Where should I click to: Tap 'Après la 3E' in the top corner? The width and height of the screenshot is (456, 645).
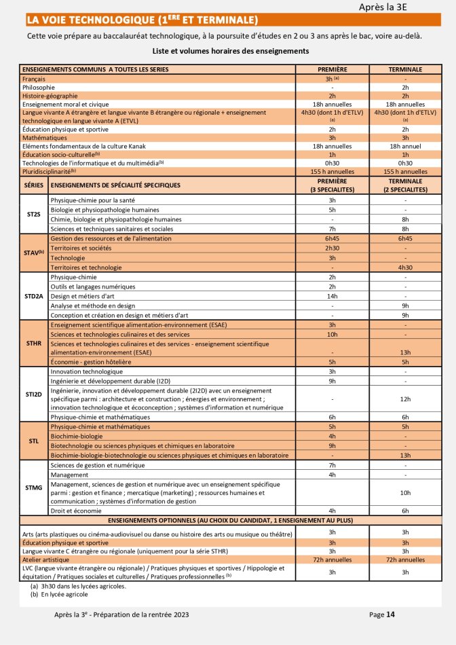click(x=387, y=7)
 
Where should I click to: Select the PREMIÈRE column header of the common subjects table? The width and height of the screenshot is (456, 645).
click(x=332, y=69)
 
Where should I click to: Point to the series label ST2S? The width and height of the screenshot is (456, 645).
click(x=34, y=214)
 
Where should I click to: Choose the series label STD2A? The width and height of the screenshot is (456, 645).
click(x=34, y=296)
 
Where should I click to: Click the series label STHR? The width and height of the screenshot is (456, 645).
click(x=34, y=344)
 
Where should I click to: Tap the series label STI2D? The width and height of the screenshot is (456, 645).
click(x=34, y=394)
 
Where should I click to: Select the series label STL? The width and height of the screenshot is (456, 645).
click(x=34, y=440)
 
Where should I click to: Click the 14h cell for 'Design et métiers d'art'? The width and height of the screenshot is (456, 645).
click(x=332, y=296)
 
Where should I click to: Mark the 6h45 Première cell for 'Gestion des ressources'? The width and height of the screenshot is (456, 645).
click(x=332, y=239)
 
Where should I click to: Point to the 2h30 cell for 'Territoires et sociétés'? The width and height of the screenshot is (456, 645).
click(x=332, y=248)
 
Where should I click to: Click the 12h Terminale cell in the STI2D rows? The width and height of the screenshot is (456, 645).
click(x=405, y=399)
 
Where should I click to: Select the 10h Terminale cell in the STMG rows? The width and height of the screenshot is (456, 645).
click(x=405, y=492)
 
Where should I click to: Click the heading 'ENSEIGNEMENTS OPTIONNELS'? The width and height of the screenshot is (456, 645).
click(x=230, y=520)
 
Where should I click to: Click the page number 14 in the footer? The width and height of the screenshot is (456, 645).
click(x=390, y=614)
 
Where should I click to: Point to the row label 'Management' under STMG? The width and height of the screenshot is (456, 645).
click(x=69, y=475)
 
